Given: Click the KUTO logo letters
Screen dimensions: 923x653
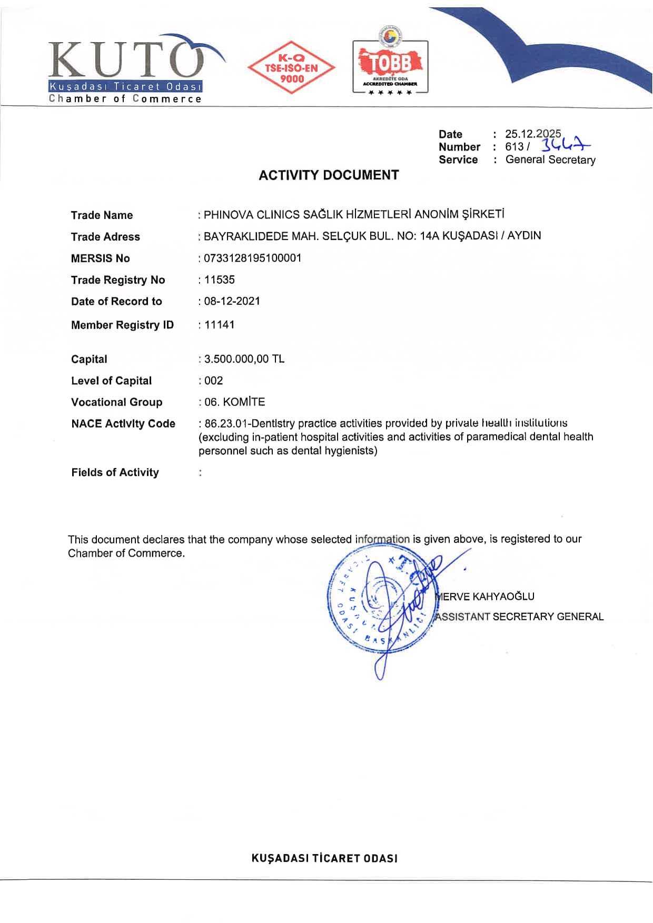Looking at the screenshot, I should pyautogui.click(x=126, y=61).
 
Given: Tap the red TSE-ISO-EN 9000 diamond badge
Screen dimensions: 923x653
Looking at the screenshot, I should pyautogui.click(x=291, y=68).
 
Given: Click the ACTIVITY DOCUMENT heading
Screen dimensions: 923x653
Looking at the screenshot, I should pyautogui.click(x=329, y=175).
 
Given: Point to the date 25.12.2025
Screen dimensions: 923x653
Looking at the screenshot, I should pyautogui.click(x=533, y=134).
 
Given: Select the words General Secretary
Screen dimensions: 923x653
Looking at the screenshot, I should pyautogui.click(x=550, y=160).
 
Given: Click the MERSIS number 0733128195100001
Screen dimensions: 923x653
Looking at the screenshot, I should pyautogui.click(x=253, y=258).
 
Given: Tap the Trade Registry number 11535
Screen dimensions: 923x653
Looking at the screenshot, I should pyautogui.click(x=220, y=280).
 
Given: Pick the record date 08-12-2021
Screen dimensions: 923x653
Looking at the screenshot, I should pyautogui.click(x=232, y=301).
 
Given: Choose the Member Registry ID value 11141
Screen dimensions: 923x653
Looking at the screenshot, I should pyautogui.click(x=220, y=325).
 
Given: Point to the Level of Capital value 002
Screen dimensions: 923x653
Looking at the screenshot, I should pyautogui.click(x=214, y=381).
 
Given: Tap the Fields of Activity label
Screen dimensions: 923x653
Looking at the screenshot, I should pyautogui.click(x=115, y=472).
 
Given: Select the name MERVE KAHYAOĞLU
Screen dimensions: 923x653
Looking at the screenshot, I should pyautogui.click(x=486, y=597).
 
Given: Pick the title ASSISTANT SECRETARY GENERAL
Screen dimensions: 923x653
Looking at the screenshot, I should pyautogui.click(x=519, y=617).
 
